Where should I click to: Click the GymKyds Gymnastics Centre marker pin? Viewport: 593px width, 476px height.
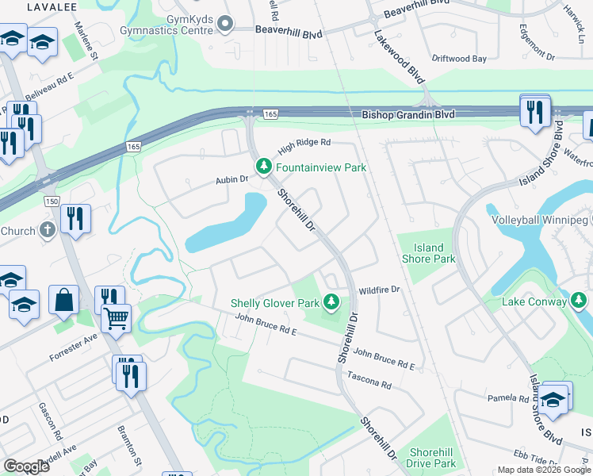[x=224, y=24]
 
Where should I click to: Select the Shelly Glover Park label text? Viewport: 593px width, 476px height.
[x=275, y=303]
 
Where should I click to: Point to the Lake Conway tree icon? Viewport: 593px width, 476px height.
[x=579, y=301]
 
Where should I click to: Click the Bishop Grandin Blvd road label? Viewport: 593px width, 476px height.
[x=408, y=115]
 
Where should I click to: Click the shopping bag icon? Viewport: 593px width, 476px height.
[x=64, y=301]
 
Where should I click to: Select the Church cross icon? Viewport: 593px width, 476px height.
[x=47, y=231]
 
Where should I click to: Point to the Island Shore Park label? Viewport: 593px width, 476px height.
[x=428, y=253]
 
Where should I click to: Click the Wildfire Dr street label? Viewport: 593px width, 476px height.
[x=379, y=290]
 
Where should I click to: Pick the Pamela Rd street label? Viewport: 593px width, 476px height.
[x=507, y=397]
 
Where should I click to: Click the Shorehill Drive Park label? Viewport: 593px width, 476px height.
[x=431, y=457]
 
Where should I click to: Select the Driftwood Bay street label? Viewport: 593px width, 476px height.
[x=459, y=59]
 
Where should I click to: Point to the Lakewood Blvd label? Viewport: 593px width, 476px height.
[x=400, y=58]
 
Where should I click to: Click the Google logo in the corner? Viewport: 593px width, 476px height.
[x=26, y=466]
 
